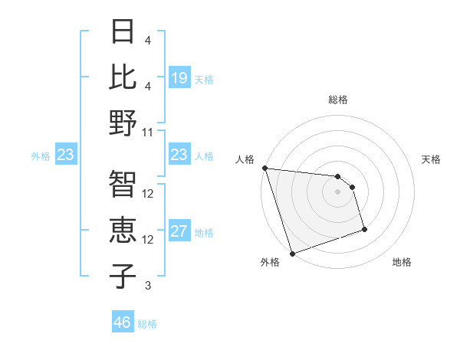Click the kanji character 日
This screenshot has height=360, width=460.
pyautogui.click(x=122, y=31)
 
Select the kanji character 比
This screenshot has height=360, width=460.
pyautogui.click(x=122, y=77)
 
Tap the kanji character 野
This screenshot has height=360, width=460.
pyautogui.click(x=122, y=123)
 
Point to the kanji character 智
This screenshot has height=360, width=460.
pyautogui.click(x=122, y=184)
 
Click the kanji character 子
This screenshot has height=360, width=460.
pyautogui.click(x=122, y=277)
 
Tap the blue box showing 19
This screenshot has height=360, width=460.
pyautogui.click(x=179, y=78)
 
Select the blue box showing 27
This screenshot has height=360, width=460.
pyautogui.click(x=179, y=232)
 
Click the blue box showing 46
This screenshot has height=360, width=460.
pyautogui.click(x=123, y=322)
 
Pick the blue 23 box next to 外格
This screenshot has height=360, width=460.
pyautogui.click(x=65, y=155)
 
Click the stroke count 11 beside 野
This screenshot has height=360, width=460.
pyautogui.click(x=148, y=132)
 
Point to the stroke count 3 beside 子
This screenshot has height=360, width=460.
pyautogui.click(x=148, y=286)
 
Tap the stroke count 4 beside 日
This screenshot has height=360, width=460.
pyautogui.click(x=148, y=40)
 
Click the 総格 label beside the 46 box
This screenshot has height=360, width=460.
pyautogui.click(x=147, y=323)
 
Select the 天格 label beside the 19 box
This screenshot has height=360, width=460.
pyautogui.click(x=204, y=79)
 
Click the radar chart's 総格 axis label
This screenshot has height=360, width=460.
pyautogui.click(x=337, y=100)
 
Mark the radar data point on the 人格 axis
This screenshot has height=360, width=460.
pyautogui.click(x=264, y=168)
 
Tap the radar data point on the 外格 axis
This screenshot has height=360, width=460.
pyautogui.click(x=292, y=254)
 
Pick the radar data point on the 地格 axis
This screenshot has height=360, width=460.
pyautogui.click(x=364, y=229)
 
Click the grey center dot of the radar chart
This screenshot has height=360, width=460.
pyautogui.click(x=337, y=191)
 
